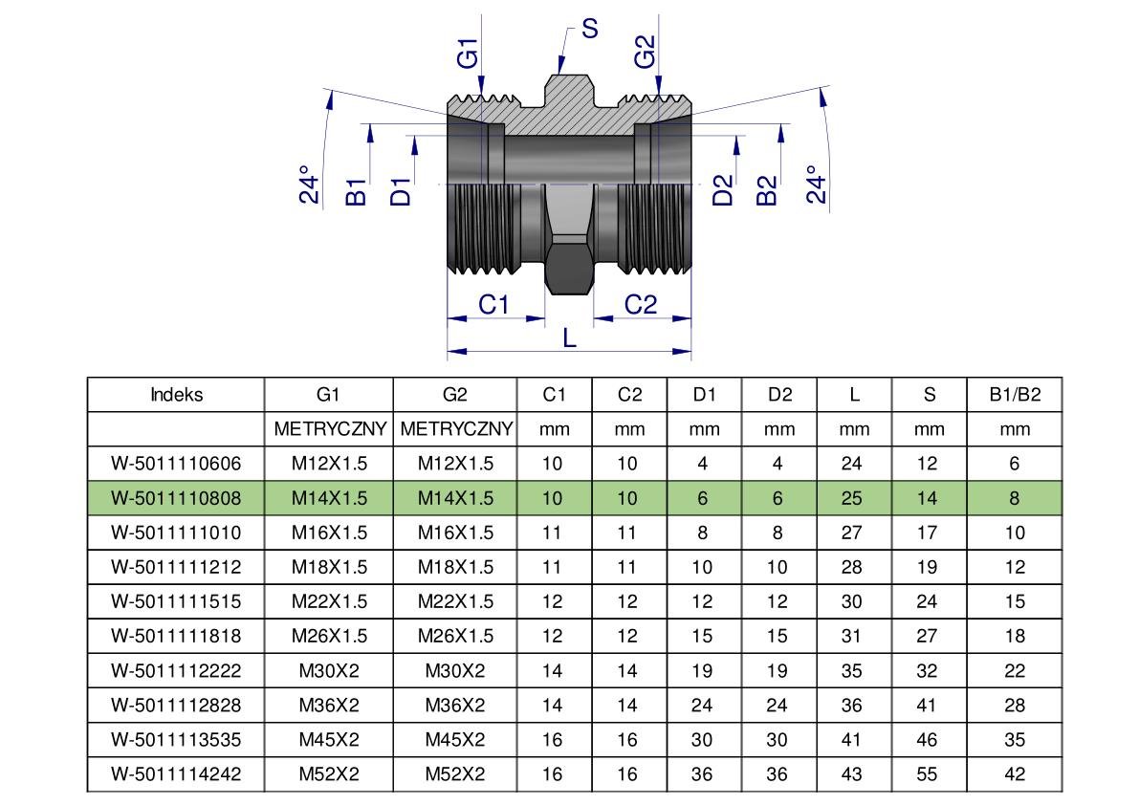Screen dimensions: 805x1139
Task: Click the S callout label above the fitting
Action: point(589,29)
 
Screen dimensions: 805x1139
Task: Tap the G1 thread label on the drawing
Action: point(467,54)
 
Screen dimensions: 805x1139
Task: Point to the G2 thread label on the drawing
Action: point(646,54)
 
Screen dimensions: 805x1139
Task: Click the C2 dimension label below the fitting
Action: point(641,305)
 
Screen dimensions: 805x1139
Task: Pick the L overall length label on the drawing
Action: point(570,337)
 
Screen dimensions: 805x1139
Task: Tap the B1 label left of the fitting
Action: point(356,190)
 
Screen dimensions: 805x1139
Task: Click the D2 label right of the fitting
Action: point(724,190)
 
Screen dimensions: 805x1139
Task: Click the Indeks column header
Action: point(176,395)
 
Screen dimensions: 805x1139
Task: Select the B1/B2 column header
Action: point(1014,395)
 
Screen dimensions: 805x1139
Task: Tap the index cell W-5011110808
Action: point(176,498)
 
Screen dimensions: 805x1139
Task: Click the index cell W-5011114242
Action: point(176,774)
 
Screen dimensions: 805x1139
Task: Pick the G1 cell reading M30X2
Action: point(329,670)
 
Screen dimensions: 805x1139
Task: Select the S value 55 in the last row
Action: point(927,774)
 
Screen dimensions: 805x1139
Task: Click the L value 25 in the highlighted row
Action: point(853,498)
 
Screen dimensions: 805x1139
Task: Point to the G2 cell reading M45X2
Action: point(455,740)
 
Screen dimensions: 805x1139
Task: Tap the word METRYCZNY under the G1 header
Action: point(329,429)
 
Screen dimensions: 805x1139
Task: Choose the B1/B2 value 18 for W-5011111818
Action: point(1014,636)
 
